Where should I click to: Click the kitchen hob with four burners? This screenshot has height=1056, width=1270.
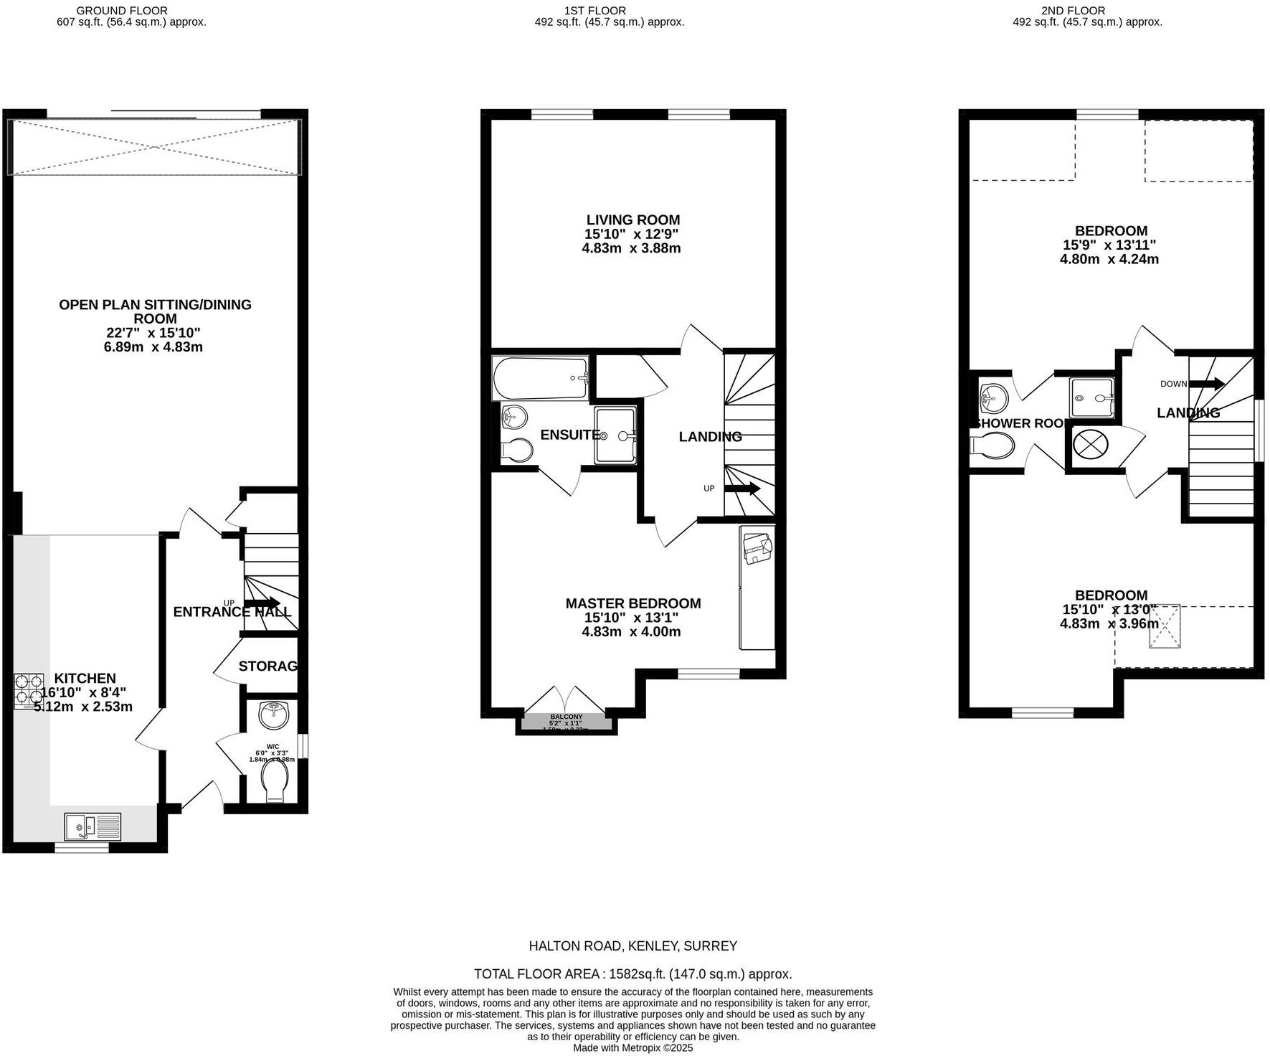[29, 691]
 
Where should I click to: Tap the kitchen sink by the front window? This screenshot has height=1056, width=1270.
[93, 826]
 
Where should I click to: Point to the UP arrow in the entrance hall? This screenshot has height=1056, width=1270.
[262, 603]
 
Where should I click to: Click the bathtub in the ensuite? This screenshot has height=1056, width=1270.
[540, 378]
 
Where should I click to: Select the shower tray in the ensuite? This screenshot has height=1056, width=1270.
[615, 435]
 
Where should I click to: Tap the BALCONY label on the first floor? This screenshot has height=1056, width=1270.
[566, 717]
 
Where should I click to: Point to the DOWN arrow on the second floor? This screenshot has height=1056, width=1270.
[1208, 384]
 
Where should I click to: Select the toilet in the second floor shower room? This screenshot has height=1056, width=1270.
[992, 445]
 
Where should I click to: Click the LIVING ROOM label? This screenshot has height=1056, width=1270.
[632, 220]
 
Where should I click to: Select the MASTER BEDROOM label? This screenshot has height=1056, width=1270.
[632, 604]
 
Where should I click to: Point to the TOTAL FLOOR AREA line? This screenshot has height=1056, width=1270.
[632, 974]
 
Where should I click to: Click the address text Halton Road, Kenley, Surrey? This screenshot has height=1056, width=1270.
[632, 946]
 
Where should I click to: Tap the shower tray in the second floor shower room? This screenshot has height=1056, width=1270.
[1091, 397]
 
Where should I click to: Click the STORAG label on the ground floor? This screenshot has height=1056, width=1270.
[267, 666]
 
